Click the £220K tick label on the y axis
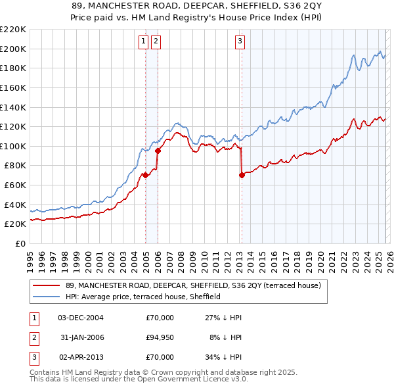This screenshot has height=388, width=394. coord(13,30)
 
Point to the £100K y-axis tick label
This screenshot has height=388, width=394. coord(13,146)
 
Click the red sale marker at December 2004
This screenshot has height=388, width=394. coord(145,175)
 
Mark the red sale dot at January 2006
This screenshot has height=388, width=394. coord(158,151)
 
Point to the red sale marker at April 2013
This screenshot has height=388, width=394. coord(242,175)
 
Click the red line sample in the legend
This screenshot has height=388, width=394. coord(47,285)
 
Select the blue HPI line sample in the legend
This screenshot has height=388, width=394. coord(47,297)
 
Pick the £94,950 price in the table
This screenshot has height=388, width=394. coord(160,337)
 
